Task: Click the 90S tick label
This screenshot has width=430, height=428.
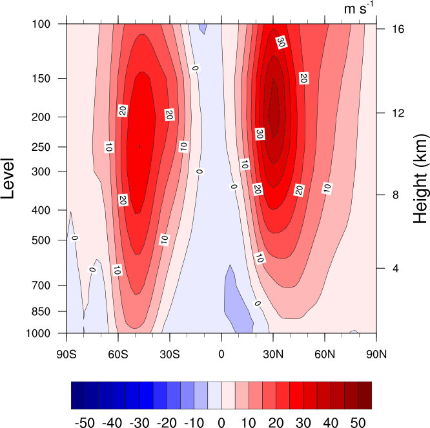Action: pyautogui.click(x=67, y=353)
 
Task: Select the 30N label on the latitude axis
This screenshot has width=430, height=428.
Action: pyautogui.click(x=273, y=353)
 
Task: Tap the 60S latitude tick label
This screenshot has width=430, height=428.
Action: pyautogui.click(x=118, y=353)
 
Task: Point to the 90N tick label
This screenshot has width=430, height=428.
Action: pyautogui.click(x=376, y=353)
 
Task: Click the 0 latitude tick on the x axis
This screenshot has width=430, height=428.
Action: pyautogui.click(x=221, y=353)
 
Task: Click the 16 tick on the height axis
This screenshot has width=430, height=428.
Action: pyautogui.click(x=392, y=30)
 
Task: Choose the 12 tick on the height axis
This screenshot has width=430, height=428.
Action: pyautogui.click(x=392, y=113)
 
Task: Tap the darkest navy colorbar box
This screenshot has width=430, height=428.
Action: pyautogui.click(x=77, y=395)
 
